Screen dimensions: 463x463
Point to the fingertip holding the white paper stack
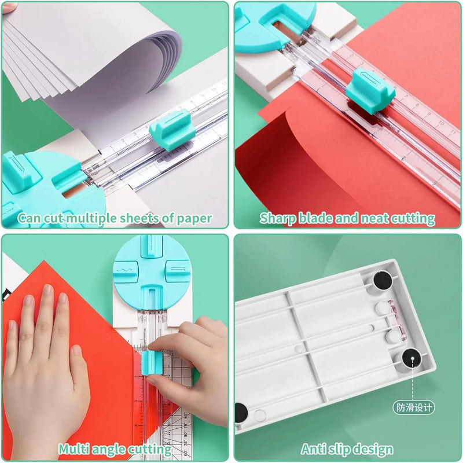pyautogui.click(x=9, y=8)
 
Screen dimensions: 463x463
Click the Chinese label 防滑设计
pyautogui.click(x=413, y=407)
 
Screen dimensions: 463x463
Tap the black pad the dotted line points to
pyautogui.click(x=411, y=360)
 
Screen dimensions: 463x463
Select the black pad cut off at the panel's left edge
pyautogui.click(x=241, y=412)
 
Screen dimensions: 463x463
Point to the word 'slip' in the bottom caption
pyautogui.click(x=339, y=449)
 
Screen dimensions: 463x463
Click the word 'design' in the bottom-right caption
pyautogui.click(x=374, y=449)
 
